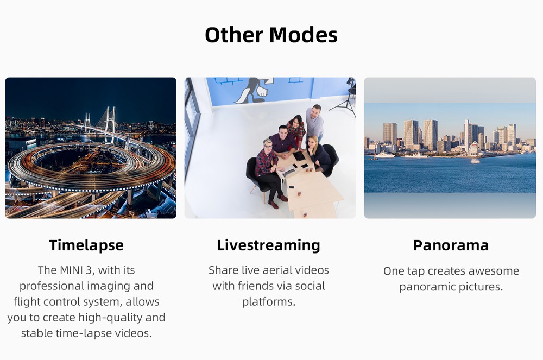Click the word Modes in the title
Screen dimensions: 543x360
point(303,35)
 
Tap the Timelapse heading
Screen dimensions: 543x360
point(86,245)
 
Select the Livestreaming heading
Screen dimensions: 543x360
point(268,245)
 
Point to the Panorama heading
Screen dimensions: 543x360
point(451,245)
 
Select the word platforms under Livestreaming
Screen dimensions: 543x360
point(268,302)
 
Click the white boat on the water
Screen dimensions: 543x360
point(475,161)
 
